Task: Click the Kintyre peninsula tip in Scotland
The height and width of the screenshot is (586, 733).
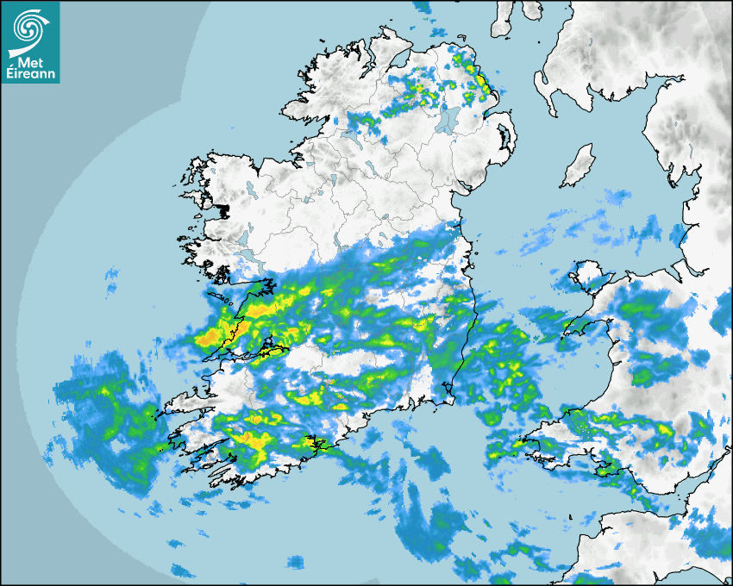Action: (x=501, y=24)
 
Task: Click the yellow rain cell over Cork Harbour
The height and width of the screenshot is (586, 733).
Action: (x=312, y=445)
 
